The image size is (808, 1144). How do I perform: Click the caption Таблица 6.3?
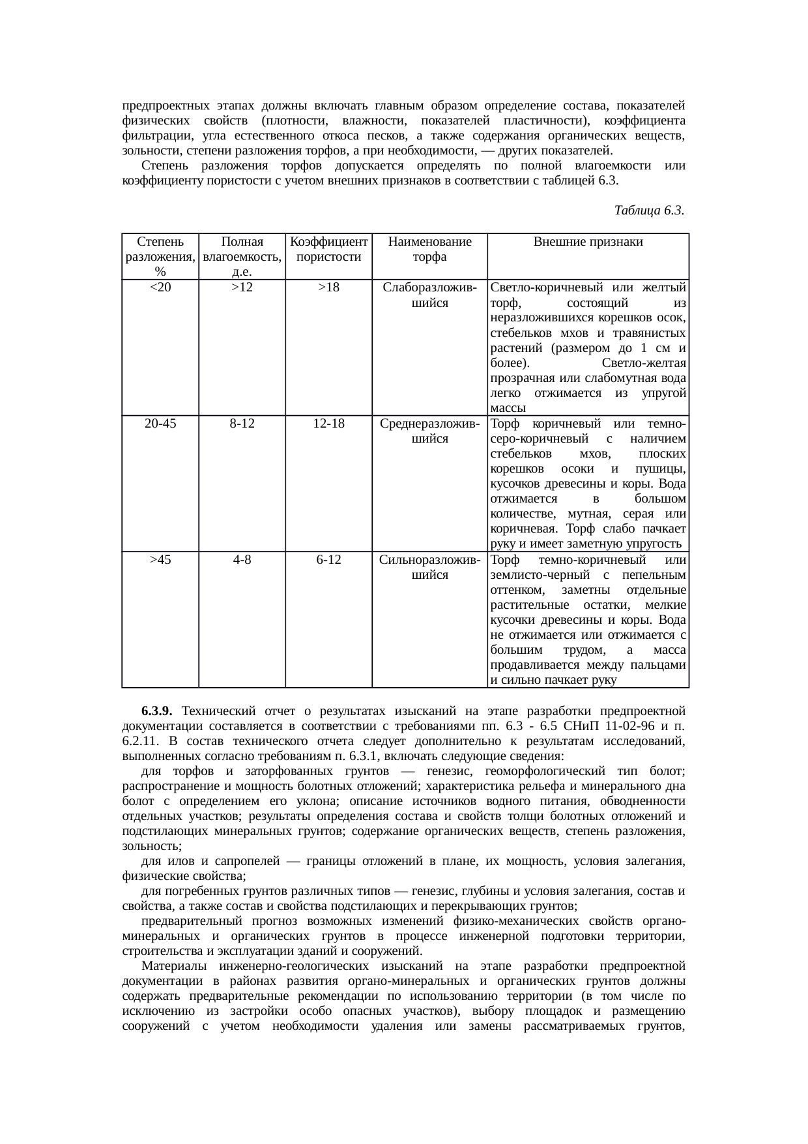click(648, 211)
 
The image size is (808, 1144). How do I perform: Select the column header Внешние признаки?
click(588, 242)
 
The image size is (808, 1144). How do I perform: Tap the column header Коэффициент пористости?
click(328, 249)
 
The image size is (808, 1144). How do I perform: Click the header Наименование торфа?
click(429, 249)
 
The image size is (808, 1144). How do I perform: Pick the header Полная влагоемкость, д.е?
click(242, 256)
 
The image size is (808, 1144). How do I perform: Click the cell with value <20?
click(160, 287)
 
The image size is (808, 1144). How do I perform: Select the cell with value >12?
click(242, 287)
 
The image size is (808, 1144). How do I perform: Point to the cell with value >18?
click(328, 287)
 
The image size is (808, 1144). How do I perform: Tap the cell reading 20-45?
click(160, 423)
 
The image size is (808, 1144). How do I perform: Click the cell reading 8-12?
click(242, 423)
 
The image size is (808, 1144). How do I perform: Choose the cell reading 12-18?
click(328, 423)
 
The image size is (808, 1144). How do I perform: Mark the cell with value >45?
click(160, 559)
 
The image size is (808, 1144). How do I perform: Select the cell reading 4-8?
click(242, 559)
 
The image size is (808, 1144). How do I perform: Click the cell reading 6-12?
click(328, 559)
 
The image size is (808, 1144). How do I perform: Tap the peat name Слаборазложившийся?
click(429, 295)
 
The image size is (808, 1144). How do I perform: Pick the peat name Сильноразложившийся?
click(429, 567)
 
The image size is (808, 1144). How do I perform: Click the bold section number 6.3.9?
click(156, 710)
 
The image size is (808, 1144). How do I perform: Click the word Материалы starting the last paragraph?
click(171, 966)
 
